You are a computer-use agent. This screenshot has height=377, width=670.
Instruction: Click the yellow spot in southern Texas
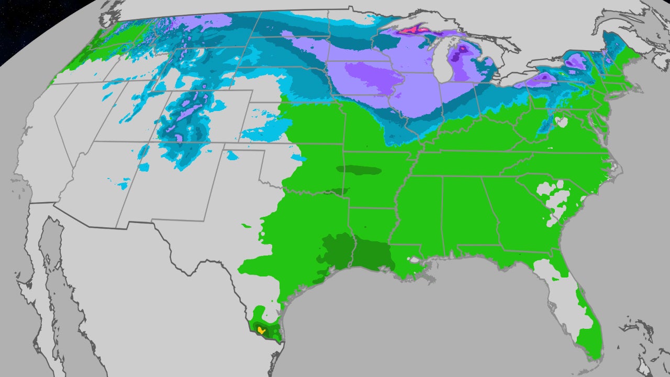(x=261, y=330)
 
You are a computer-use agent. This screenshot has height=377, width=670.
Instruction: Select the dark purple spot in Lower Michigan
(x=462, y=50)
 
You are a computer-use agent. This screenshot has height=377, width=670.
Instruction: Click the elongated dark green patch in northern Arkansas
(x=359, y=170)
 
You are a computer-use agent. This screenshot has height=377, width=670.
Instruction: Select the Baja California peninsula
(x=58, y=283)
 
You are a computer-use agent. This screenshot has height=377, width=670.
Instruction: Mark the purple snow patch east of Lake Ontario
(x=576, y=63)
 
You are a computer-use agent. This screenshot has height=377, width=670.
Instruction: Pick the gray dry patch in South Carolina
(x=555, y=199)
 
